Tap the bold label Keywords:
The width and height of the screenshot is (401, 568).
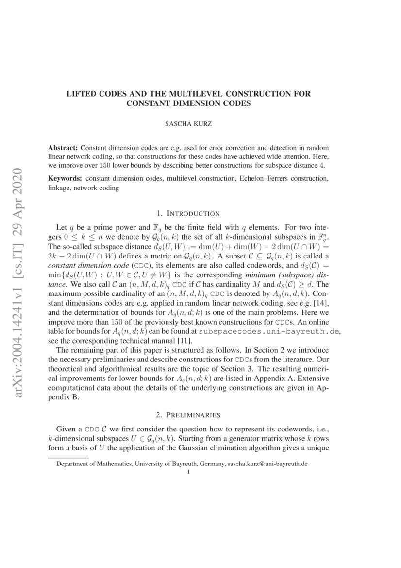[x=65, y=179]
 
